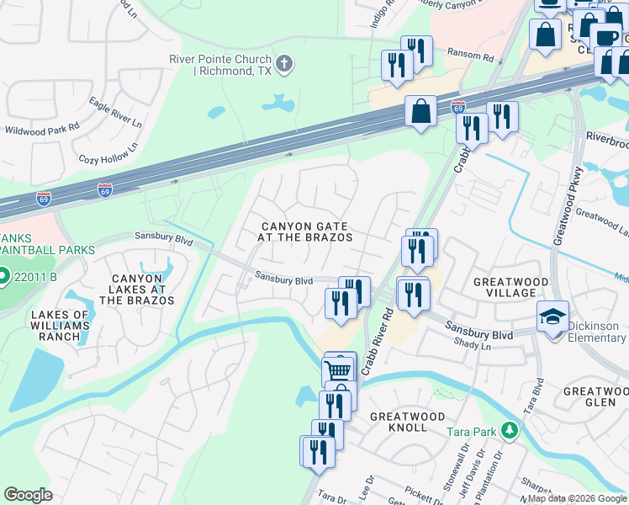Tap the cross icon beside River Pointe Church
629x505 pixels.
coord(284,61)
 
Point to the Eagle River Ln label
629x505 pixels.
coord(115,110)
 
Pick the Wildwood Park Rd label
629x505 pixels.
coord(42,130)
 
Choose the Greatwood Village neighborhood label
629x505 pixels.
coord(511,287)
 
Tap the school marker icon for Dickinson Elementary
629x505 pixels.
coord(552,317)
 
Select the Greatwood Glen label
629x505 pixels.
coord(595,397)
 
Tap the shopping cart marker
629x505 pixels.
coord(338,369)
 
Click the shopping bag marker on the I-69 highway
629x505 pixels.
coord(420,110)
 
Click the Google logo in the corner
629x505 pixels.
coord(29,495)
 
